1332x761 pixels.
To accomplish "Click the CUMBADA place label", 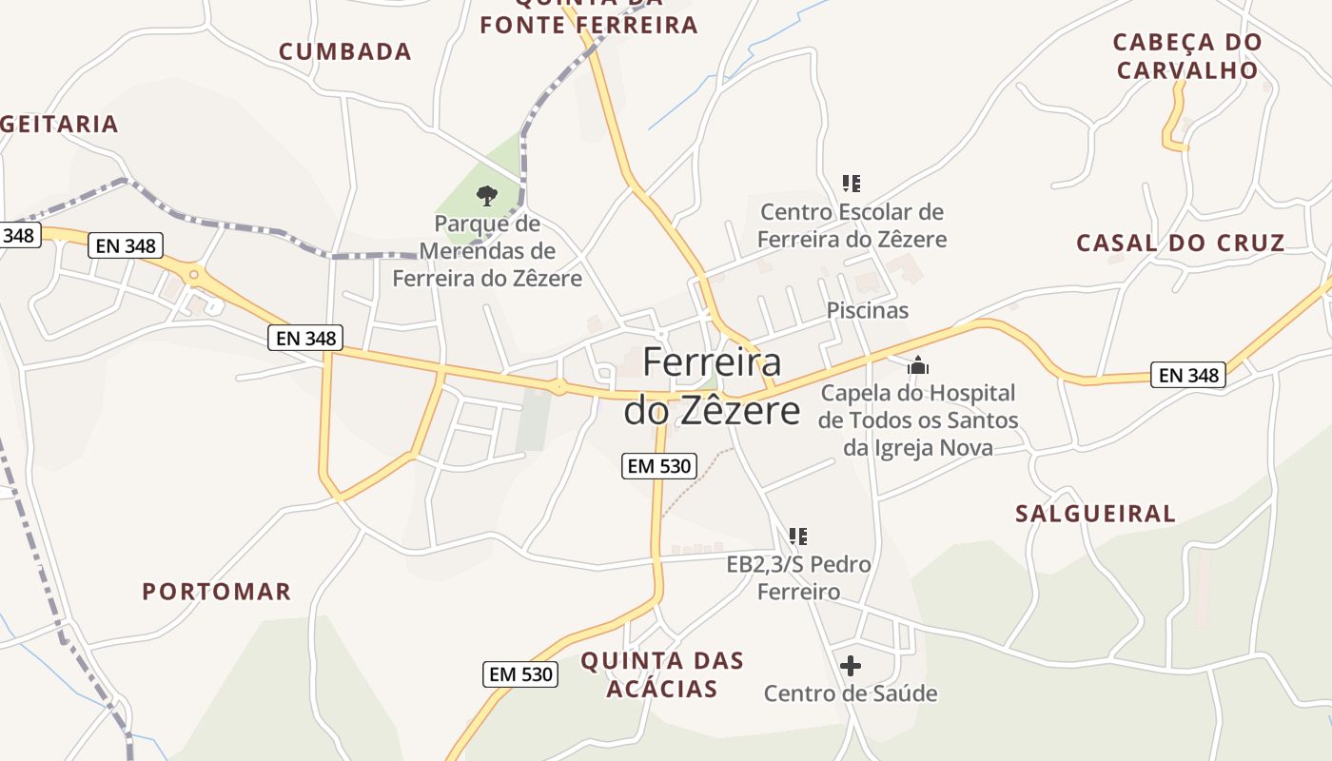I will (345, 51).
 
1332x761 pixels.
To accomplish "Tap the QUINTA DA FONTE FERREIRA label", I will (589, 16).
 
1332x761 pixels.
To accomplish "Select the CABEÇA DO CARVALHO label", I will (1187, 56).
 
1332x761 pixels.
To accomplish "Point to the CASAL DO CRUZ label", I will (1181, 243).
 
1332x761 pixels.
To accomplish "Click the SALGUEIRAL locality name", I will (1096, 514).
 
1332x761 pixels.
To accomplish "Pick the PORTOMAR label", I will (217, 592).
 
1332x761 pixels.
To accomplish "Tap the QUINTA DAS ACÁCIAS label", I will (662, 674).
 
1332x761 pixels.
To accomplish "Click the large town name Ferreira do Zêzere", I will (713, 386).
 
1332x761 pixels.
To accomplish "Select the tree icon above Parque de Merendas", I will (487, 197).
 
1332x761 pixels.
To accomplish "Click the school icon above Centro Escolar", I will (852, 184).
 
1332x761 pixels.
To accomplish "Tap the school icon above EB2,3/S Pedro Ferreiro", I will (798, 537).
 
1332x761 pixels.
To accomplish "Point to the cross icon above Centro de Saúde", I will (851, 666).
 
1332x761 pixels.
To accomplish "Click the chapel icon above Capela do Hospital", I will (918, 365).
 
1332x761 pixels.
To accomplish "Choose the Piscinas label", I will (868, 310).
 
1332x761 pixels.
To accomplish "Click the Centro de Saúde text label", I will (851, 693).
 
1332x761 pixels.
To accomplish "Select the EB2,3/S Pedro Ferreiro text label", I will (799, 577).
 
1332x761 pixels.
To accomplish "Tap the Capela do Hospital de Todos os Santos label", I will (918, 420).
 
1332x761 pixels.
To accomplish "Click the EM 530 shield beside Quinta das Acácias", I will (519, 674).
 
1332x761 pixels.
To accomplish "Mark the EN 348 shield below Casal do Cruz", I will (1189, 375).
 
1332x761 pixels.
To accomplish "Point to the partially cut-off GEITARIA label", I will (59, 124).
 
